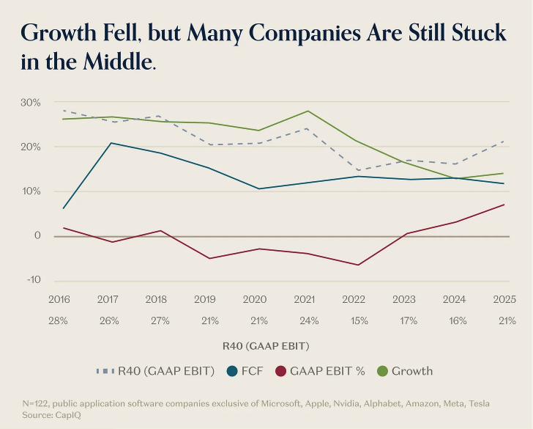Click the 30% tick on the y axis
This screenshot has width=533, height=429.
click(30, 102)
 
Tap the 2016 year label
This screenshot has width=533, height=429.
click(59, 299)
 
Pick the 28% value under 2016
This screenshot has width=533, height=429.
click(59, 320)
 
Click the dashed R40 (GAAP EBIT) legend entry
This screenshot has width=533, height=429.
click(155, 371)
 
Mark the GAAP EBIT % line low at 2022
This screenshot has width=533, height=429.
click(357, 265)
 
